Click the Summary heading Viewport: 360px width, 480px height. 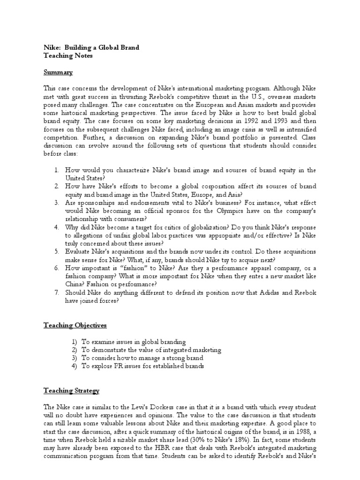click(x=58, y=73)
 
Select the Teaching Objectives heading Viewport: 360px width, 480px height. click(x=75, y=325)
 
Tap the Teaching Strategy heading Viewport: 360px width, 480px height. click(x=71, y=390)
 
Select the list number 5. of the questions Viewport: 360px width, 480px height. click(x=56, y=252)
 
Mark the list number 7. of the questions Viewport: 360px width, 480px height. click(x=56, y=293)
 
